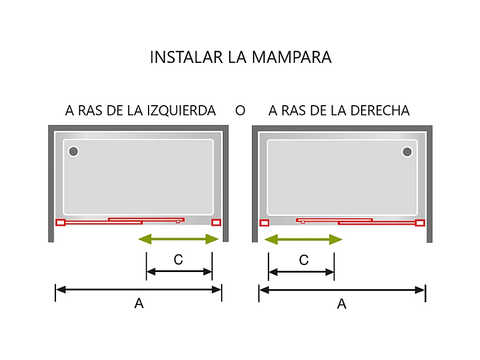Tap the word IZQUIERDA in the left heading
click(182, 110)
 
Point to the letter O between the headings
click(240, 110)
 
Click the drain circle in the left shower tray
click(74, 151)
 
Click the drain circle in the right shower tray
click(407, 151)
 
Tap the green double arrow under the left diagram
click(179, 239)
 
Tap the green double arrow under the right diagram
click(303, 239)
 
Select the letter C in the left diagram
click(178, 260)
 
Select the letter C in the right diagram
click(303, 260)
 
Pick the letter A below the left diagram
click(138, 304)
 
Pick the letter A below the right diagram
click(342, 304)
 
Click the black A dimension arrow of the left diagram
click(138, 290)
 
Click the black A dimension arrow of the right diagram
click(342, 290)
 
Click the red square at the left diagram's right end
click(216, 222)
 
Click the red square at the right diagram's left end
click(264, 223)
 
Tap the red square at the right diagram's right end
click(420, 223)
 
